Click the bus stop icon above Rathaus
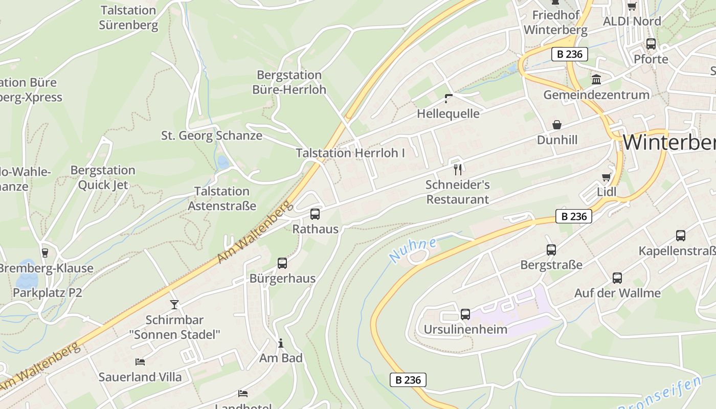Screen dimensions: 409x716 click(315, 214)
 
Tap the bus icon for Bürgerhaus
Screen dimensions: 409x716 click(282, 263)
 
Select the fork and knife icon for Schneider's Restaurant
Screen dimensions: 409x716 click(458, 169)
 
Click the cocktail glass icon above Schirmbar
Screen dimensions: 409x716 click(174, 305)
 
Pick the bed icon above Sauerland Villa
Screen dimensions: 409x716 click(140, 362)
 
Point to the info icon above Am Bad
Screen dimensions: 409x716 click(280, 343)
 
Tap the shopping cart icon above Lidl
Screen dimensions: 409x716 click(607, 177)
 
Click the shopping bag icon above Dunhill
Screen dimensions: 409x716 click(557, 125)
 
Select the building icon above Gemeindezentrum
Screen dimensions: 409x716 click(596, 79)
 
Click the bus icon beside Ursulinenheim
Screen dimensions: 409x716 click(465, 314)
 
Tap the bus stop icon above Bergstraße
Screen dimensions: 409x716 click(551, 250)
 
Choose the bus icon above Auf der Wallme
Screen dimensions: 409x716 click(617, 278)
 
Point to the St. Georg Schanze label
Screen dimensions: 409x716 click(212, 135)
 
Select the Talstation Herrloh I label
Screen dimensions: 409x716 click(350, 153)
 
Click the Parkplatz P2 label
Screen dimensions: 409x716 click(48, 293)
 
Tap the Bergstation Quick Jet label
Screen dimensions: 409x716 click(103, 177)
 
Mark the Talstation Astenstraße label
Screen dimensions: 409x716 click(222, 198)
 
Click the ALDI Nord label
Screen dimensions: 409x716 click(632, 21)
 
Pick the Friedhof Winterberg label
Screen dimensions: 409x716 click(555, 22)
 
